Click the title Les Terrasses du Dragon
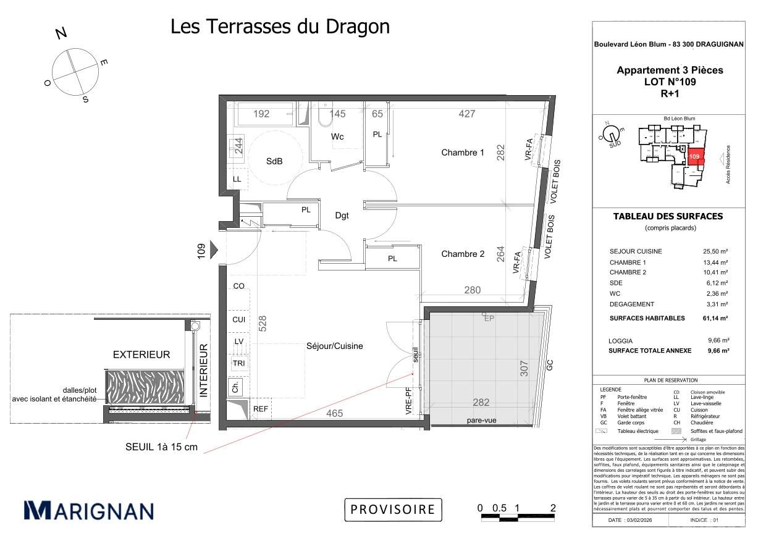pos(280,27)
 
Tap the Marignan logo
pos(88,510)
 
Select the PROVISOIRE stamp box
pos(393,510)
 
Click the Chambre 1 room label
pos(463,153)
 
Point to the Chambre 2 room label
pos(463,254)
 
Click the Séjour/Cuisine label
pos(334,346)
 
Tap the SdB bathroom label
pos(274,161)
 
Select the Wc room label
pos(337,136)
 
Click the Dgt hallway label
pos(342,216)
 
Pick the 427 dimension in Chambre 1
pos(466,114)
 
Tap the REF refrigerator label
pos(261,409)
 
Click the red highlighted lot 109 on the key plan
pos(696,157)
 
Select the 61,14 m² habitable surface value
pos(715,318)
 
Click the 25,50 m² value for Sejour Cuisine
pos(717,251)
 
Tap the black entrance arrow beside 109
pos(214,250)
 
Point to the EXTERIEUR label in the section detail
pos(141,354)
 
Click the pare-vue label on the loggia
pos(481,421)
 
